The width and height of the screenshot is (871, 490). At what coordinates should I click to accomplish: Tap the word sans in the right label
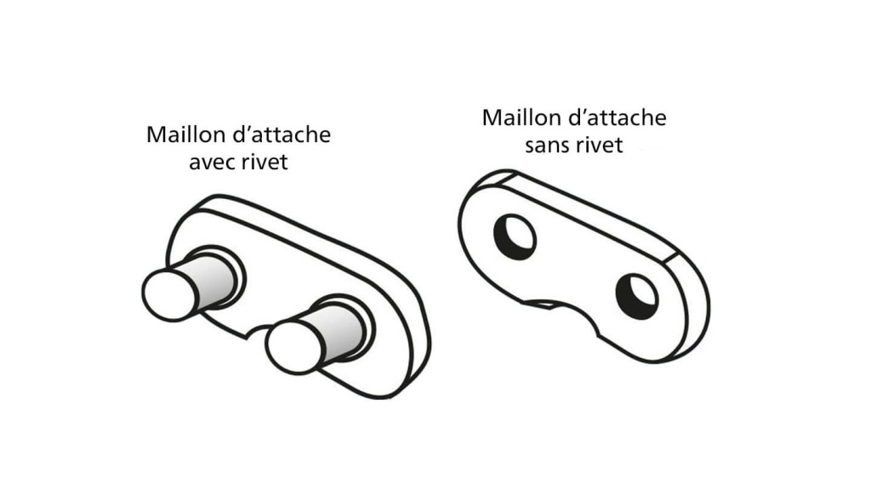tap(547, 145)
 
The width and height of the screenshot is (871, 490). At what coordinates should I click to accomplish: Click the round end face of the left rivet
tap(170, 294)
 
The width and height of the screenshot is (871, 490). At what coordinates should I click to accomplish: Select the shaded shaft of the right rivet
tap(339, 333)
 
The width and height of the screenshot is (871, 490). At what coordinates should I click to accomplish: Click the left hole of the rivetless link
tap(515, 236)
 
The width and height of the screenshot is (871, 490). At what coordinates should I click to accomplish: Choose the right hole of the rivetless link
tap(637, 297)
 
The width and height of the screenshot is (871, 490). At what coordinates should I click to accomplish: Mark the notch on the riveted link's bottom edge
tap(257, 331)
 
